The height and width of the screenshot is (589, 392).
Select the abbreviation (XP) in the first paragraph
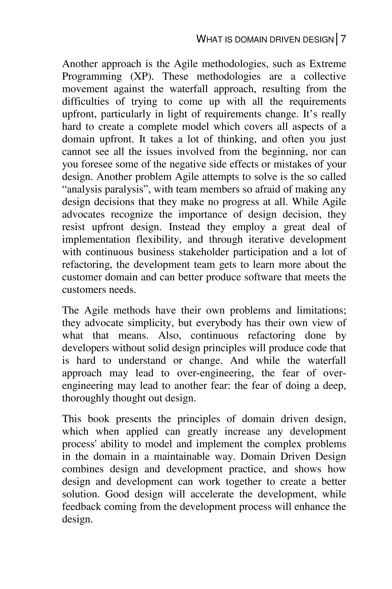coord(142,76)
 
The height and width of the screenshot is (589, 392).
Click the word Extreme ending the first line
coord(327,64)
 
